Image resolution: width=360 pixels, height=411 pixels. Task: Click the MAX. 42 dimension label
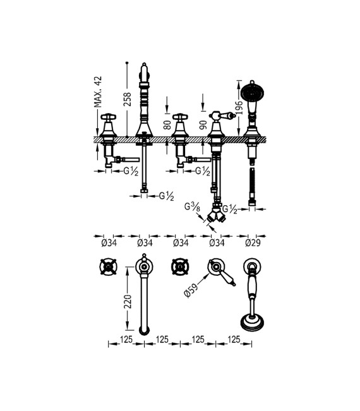click(98, 92)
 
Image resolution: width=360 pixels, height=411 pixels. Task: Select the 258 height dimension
click(128, 99)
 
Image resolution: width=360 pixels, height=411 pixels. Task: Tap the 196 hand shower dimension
click(239, 108)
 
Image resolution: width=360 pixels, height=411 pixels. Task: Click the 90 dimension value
click(203, 125)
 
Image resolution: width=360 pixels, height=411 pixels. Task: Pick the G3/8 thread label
click(192, 207)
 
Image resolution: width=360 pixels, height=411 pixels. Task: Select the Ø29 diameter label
click(253, 243)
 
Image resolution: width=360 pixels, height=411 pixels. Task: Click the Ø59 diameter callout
click(191, 290)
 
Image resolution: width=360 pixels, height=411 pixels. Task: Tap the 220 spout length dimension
click(128, 301)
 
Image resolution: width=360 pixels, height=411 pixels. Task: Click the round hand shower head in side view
click(252, 92)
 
